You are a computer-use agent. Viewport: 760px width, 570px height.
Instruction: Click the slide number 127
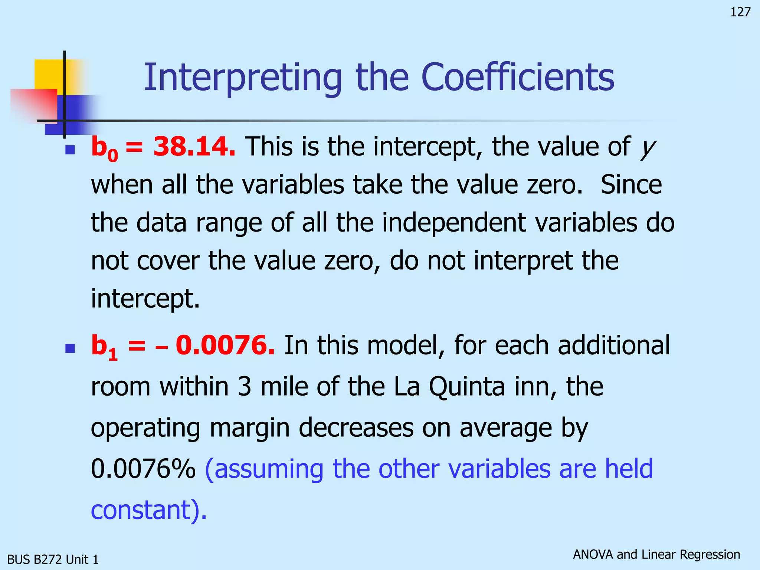(x=740, y=12)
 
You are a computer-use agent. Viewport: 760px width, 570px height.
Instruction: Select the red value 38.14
(x=194, y=147)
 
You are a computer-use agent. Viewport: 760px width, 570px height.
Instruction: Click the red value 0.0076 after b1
(x=225, y=345)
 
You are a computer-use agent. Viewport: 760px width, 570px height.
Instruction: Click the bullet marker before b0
(x=70, y=150)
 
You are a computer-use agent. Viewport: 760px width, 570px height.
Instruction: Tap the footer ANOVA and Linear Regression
(x=656, y=554)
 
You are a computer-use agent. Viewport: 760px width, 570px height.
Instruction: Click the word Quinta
(x=467, y=387)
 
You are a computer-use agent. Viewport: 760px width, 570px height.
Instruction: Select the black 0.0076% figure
(x=143, y=469)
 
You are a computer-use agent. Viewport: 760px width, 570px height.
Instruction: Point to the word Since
(x=631, y=184)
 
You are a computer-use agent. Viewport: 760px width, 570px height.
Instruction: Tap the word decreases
(x=356, y=428)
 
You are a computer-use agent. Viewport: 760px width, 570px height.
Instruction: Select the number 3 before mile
(x=245, y=387)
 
